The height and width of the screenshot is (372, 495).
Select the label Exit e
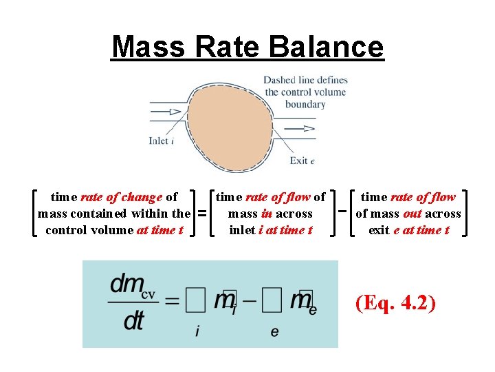pos(302,161)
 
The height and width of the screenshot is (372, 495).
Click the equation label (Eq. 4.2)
pos(396,303)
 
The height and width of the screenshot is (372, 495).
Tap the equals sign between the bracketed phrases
pos(202,213)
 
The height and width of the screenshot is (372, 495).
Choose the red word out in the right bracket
pos(412,214)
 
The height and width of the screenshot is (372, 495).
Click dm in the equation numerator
pos(126,283)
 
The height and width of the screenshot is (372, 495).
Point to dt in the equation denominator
pos(134,322)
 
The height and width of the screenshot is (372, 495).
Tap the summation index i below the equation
pos(198,332)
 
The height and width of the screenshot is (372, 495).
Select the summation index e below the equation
pos(274,332)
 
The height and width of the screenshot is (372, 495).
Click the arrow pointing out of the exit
pos(300,128)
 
